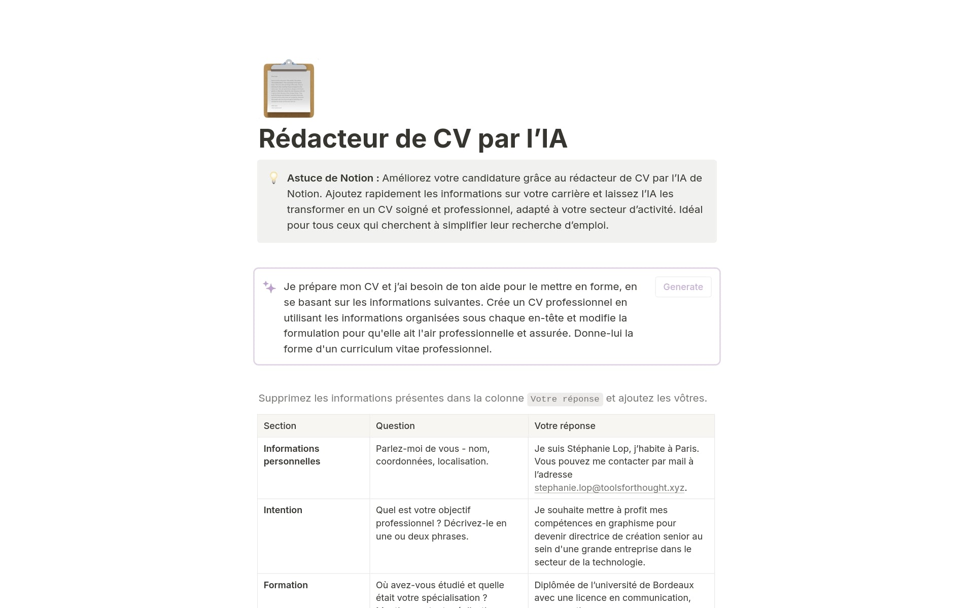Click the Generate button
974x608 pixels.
(683, 287)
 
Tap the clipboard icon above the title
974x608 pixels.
(289, 89)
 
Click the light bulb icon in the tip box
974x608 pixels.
(273, 178)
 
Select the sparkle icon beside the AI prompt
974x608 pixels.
(269, 287)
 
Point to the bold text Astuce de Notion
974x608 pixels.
(330, 178)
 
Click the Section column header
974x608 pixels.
(280, 426)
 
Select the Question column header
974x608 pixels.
(395, 426)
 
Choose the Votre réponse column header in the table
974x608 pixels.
(565, 426)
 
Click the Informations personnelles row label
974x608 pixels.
(292, 455)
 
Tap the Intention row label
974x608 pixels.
(283, 510)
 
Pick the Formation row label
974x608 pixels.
(286, 585)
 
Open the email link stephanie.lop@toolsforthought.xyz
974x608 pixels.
(609, 488)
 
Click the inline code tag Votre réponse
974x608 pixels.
(565, 399)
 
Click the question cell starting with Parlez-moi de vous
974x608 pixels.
(432, 455)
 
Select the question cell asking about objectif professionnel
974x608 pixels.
(441, 523)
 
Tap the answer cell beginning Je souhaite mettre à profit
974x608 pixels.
(618, 536)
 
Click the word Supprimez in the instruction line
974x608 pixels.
(285, 399)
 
